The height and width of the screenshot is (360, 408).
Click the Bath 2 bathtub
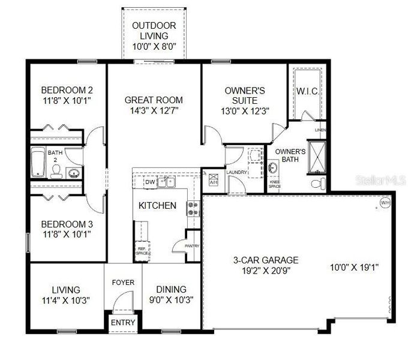[38, 163]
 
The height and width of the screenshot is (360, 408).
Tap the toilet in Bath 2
[56, 172]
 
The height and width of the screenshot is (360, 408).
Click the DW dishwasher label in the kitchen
[150, 181]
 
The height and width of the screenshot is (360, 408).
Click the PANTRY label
[193, 246]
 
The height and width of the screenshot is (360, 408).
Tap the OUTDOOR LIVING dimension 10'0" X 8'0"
[154, 46]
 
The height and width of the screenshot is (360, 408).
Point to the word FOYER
[123, 282]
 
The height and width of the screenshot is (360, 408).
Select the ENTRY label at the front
[122, 323]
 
